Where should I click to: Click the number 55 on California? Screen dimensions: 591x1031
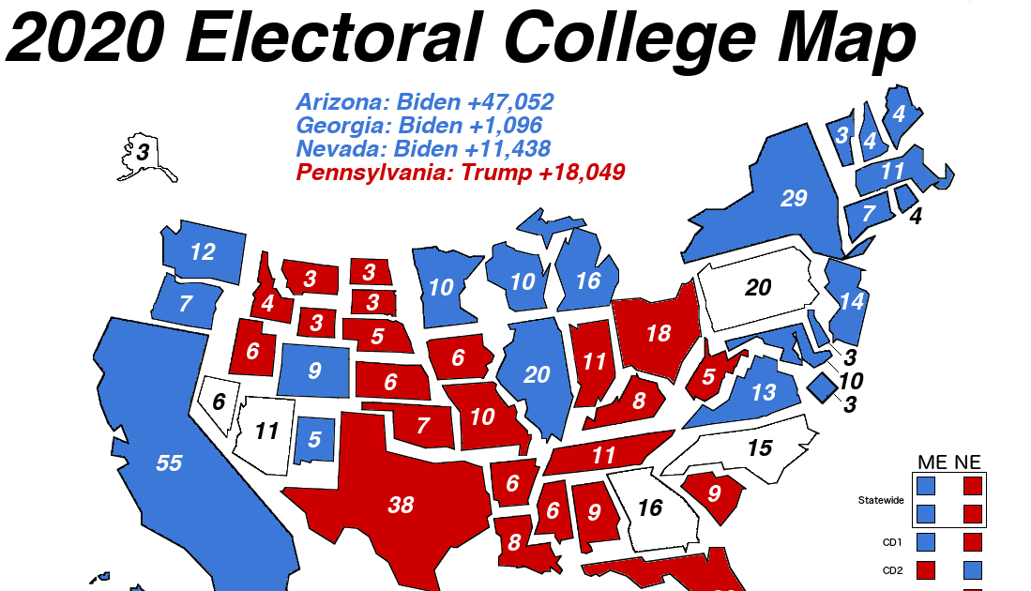pos(169,462)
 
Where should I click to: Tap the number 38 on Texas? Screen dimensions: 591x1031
pos(401,505)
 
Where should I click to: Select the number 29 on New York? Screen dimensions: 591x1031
pos(794,199)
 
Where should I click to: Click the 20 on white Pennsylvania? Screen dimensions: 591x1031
pos(758,287)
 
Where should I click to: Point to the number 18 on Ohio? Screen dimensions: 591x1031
pos(659,333)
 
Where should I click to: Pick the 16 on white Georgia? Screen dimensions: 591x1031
pos(649,508)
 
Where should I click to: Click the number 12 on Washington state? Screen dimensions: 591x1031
pos(203,251)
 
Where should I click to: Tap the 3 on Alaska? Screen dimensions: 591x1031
pos(142,151)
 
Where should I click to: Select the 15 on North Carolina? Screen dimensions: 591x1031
pos(759,448)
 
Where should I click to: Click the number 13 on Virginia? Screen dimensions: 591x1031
pos(763,391)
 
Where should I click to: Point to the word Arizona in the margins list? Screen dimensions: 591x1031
pos(341,102)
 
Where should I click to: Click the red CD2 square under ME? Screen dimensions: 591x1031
pos(926,569)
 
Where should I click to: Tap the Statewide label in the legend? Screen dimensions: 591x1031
pos(881,500)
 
